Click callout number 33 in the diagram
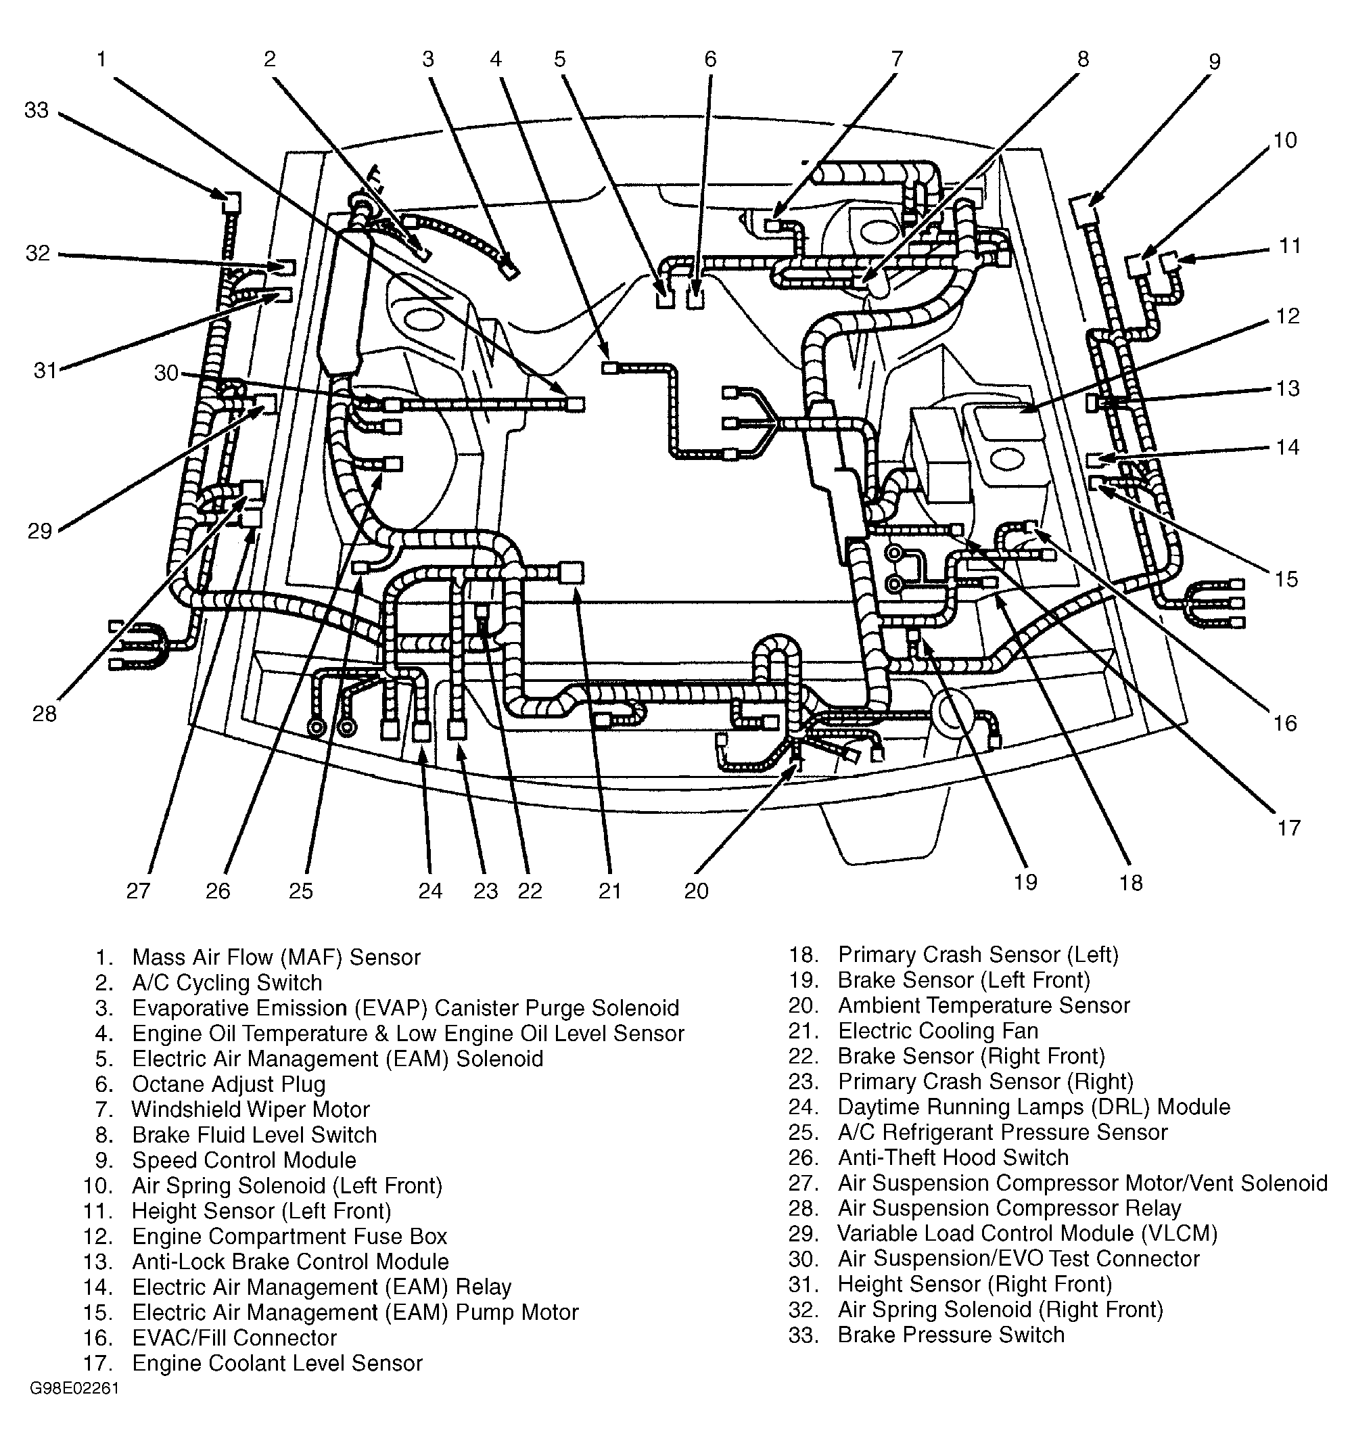(x=37, y=110)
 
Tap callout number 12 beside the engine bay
(x=1287, y=316)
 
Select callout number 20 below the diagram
(x=697, y=891)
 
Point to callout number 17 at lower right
(x=1288, y=828)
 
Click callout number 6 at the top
(x=710, y=59)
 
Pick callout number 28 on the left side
(x=45, y=714)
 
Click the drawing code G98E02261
(x=74, y=1389)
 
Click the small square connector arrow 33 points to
(x=231, y=202)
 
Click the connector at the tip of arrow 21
(x=572, y=573)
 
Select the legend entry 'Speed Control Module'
(x=244, y=1160)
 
